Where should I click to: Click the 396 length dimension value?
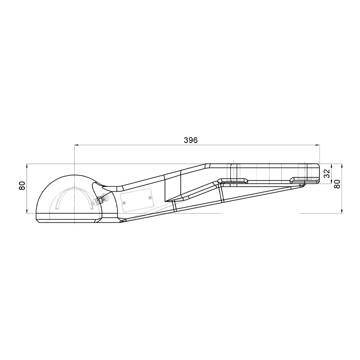pos(191,140)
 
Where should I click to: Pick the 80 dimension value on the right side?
pos(337,184)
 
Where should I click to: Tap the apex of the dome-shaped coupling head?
pos(72,174)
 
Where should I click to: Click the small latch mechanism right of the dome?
pos(103,198)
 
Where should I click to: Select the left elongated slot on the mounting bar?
pos(232,180)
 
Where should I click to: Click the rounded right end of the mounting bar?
pos(319,174)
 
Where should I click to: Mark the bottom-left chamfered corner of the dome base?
pos(37,220)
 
